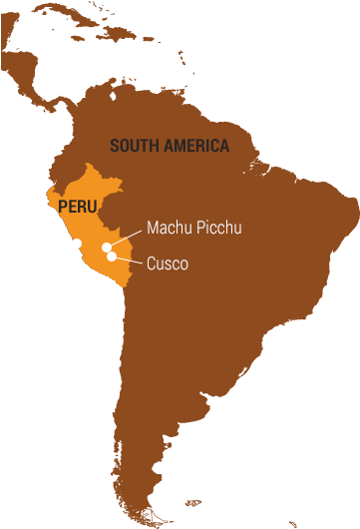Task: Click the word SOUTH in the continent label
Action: [132, 146]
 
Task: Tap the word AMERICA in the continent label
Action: [192, 146]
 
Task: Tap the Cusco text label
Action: [167, 264]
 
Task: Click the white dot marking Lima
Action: [77, 243]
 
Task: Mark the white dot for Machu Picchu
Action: [106, 247]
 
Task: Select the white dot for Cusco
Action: [112, 257]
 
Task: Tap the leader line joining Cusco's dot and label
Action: [128, 261]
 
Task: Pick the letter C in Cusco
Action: [152, 264]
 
